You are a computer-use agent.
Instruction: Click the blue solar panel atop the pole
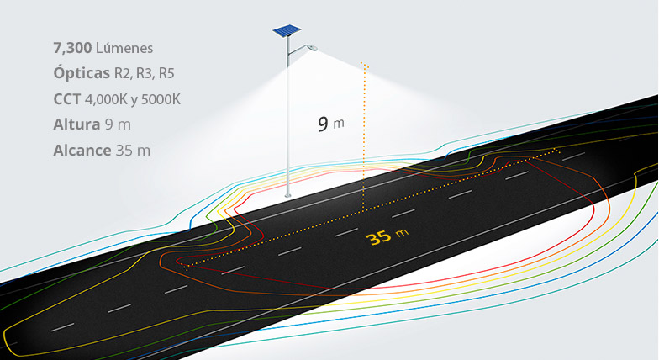coord(287,30)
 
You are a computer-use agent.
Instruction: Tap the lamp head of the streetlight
coord(313,47)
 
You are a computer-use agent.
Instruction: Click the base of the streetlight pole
coord(287,195)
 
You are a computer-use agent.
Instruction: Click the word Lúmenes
coord(124,48)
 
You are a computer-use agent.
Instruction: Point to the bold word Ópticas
coord(82,72)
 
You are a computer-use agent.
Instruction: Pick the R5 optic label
coord(166,74)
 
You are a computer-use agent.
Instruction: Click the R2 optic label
coord(123,74)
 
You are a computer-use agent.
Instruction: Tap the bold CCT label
coord(67,99)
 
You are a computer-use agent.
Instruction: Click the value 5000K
coord(161,99)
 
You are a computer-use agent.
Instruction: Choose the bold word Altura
coord(76,124)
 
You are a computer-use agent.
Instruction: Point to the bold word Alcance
coord(82,150)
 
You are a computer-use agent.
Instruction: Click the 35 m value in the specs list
coord(133,150)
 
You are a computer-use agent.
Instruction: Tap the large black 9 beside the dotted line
coord(323,124)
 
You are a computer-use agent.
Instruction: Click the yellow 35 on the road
coord(378,237)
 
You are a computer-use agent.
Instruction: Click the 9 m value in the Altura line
coord(118,124)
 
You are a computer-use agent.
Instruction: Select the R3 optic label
coord(145,74)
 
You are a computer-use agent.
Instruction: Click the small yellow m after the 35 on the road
coord(402,232)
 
